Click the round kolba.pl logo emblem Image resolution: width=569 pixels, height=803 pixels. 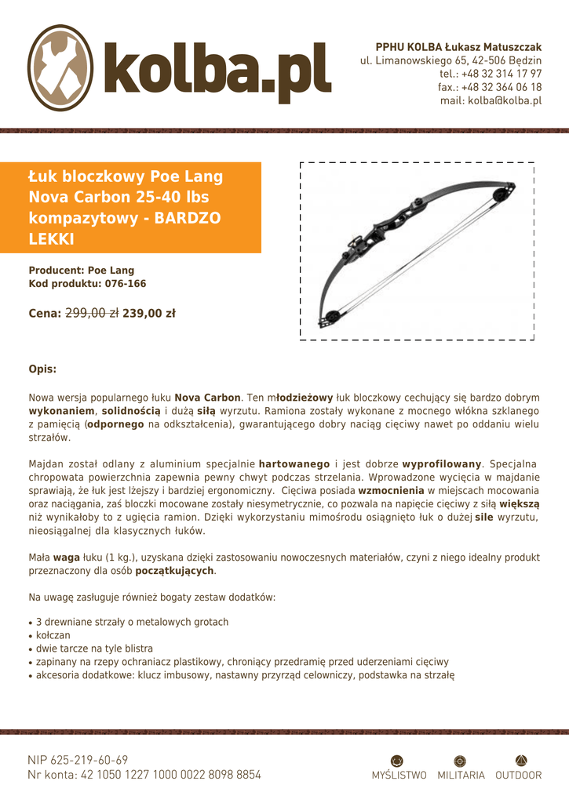tap(61, 67)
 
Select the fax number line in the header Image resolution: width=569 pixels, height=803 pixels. tap(490, 87)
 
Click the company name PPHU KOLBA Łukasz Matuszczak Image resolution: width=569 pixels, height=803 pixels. tap(458, 47)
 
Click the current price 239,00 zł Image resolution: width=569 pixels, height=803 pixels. tap(149, 314)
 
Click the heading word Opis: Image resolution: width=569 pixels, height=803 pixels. tap(42, 369)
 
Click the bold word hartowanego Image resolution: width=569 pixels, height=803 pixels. tap(294, 463)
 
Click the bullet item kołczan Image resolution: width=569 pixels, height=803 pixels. tap(53, 635)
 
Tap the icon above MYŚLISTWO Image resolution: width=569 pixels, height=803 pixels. tap(398, 760)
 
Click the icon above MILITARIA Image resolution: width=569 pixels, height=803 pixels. tap(461, 760)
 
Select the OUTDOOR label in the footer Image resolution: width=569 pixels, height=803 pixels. tap(519, 776)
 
